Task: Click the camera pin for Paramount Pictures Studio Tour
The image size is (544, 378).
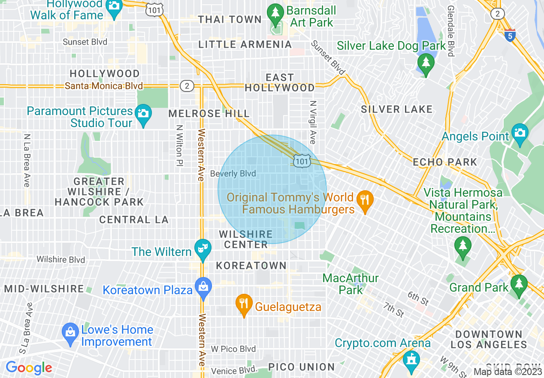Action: coord(143,113)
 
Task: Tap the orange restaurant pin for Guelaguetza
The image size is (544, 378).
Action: coord(244,303)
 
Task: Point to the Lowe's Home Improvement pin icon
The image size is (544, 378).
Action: coord(70,332)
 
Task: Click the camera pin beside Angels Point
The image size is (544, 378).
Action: coord(520,132)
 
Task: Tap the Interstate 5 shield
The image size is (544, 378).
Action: coord(510,35)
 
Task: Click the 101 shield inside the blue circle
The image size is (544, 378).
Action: coord(302,161)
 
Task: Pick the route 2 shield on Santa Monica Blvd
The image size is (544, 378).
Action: coord(187,86)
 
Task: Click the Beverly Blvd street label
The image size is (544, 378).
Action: coord(233,174)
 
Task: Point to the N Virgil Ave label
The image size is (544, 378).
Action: coord(313,122)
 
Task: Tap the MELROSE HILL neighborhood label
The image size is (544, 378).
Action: coord(209,114)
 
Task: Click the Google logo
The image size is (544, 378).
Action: coord(29,368)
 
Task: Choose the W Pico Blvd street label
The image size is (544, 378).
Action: coord(233,349)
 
